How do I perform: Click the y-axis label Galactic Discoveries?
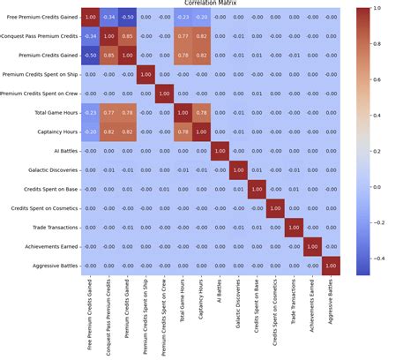pos(42,169)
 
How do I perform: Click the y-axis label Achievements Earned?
pos(42,245)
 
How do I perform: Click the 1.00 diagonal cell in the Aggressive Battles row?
pos(332,265)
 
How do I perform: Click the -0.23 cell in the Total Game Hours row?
pos(90,112)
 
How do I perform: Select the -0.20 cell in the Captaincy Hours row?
pos(90,131)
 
